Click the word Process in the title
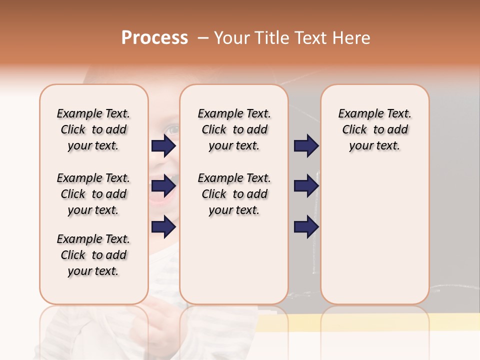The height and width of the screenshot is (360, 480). (x=154, y=38)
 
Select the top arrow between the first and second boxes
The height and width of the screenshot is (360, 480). (x=163, y=146)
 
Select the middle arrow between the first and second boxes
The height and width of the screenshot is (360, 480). (x=163, y=186)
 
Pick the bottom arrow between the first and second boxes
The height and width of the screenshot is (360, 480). (x=163, y=227)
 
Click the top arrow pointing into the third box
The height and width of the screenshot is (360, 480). (x=306, y=146)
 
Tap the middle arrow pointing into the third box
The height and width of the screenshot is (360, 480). (x=306, y=186)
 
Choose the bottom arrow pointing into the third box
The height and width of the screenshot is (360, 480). (x=306, y=227)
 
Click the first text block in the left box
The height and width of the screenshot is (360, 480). (x=93, y=129)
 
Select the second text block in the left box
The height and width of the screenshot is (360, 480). (x=93, y=194)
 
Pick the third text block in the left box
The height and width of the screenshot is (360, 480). (x=93, y=255)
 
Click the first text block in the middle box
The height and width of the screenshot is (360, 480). (x=234, y=129)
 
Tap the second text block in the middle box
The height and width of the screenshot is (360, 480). (x=234, y=194)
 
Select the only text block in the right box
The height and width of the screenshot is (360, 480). (x=374, y=129)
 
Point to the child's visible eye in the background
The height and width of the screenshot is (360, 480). (x=172, y=129)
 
